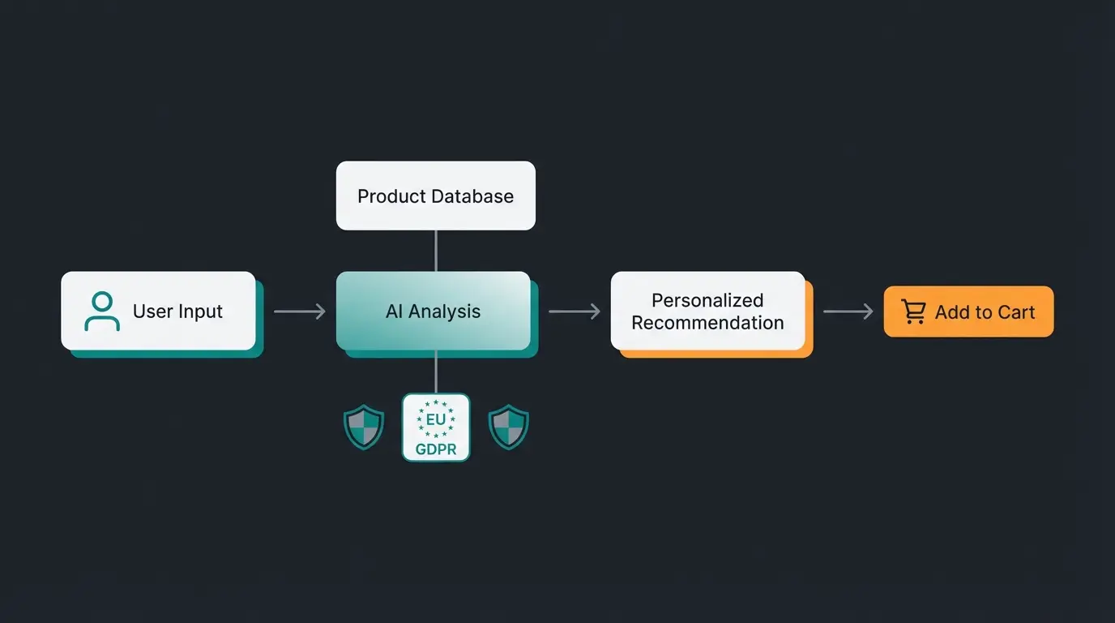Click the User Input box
tap(158, 311)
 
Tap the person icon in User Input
tap(102, 311)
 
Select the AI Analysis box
tap(434, 311)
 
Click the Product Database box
tap(435, 195)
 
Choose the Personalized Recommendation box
tap(707, 311)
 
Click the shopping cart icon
tap(913, 311)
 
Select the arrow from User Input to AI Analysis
tap(299, 311)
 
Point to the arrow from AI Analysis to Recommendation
tap(574, 311)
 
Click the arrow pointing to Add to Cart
tap(848, 311)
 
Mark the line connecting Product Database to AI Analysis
tap(436, 251)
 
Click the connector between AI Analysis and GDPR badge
tap(436, 372)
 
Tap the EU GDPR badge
tap(436, 428)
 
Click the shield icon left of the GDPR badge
tap(364, 428)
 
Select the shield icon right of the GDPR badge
tap(509, 428)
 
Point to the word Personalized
tap(707, 300)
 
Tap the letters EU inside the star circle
tap(436, 419)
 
